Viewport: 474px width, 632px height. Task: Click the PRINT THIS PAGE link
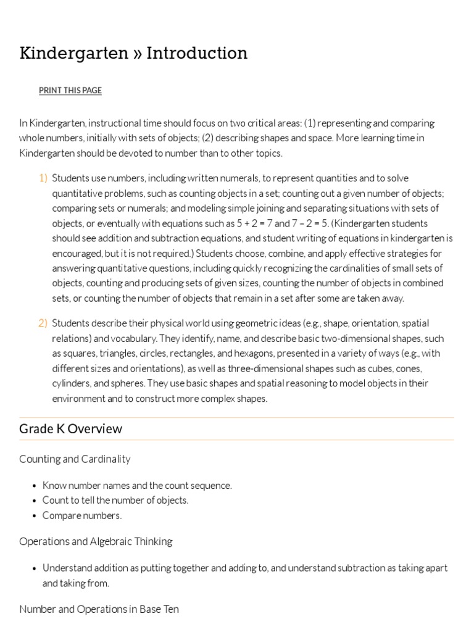pos(70,91)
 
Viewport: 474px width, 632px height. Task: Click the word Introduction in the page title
pos(197,53)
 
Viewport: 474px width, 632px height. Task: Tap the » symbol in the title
pos(136,54)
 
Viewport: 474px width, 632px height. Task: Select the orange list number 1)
pos(43,178)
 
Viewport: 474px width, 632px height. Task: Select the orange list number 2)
pos(43,323)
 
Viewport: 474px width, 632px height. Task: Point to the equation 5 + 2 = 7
pos(255,223)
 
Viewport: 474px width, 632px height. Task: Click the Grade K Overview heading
pos(70,429)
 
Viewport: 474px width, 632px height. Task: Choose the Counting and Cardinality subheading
pos(75,459)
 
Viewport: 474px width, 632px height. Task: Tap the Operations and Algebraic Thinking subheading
pos(96,541)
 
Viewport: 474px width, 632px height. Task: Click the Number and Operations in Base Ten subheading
pos(99,609)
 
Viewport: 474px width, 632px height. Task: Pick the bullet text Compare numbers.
pos(82,515)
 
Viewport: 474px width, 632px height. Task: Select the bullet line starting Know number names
pos(137,486)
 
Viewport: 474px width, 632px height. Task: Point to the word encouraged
pos(77,253)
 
